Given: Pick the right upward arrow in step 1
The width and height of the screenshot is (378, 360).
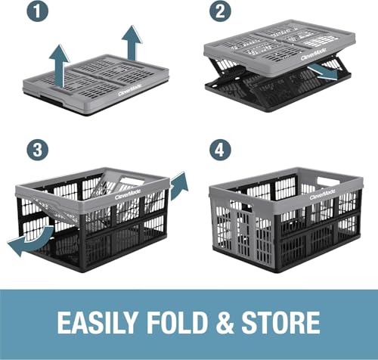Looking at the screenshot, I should click(133, 42).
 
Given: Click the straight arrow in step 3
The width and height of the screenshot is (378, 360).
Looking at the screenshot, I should click(178, 185).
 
